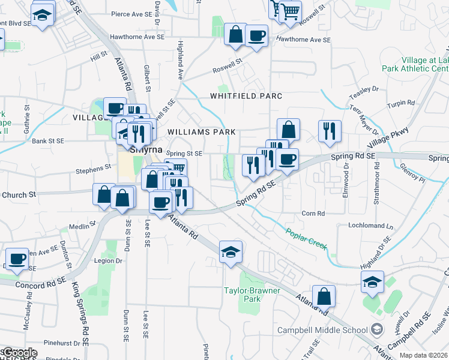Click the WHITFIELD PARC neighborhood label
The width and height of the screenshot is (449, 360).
coord(246,96)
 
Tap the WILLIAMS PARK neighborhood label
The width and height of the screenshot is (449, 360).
coord(201,131)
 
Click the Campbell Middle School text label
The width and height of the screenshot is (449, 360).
coord(322,330)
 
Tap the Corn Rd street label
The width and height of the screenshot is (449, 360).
coord(313,213)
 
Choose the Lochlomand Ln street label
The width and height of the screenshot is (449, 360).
coord(371,226)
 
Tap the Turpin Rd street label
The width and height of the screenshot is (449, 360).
coord(401,103)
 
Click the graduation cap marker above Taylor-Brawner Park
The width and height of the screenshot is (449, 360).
coord(231,252)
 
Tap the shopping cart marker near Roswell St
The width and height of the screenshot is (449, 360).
coord(290,10)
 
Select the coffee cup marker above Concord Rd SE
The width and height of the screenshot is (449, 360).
coord(17,259)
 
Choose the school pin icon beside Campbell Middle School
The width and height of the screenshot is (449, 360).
coord(376,329)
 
